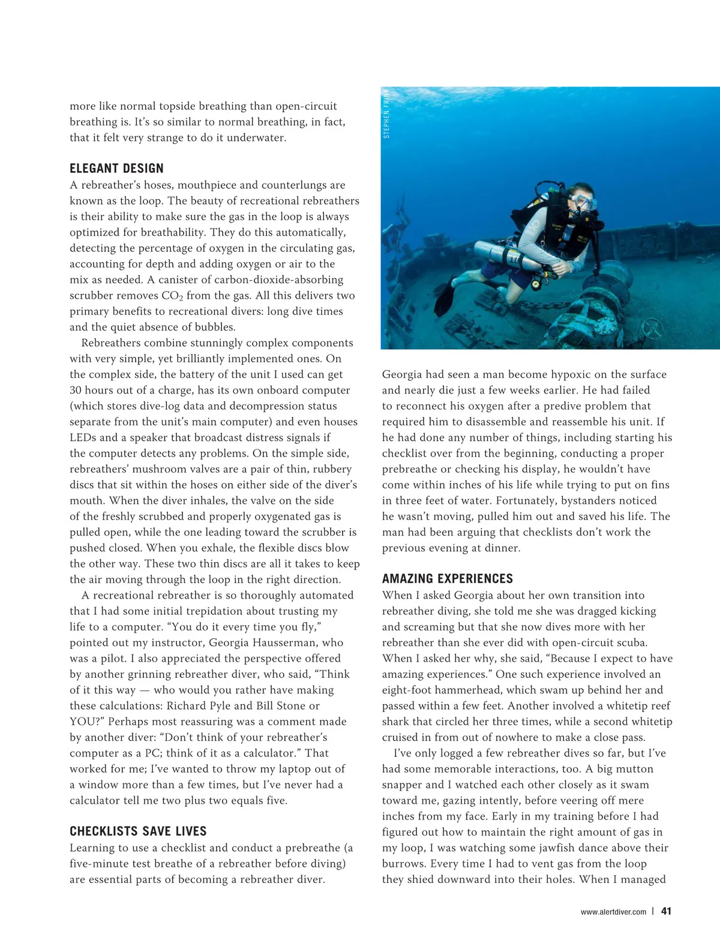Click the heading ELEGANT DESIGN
tap(116, 169)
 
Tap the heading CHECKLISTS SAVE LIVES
tap(138, 831)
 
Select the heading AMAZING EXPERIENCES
tap(448, 579)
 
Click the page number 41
tap(666, 911)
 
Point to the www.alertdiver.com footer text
tap(613, 912)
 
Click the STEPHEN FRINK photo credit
tap(387, 113)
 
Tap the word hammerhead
tap(459, 690)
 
